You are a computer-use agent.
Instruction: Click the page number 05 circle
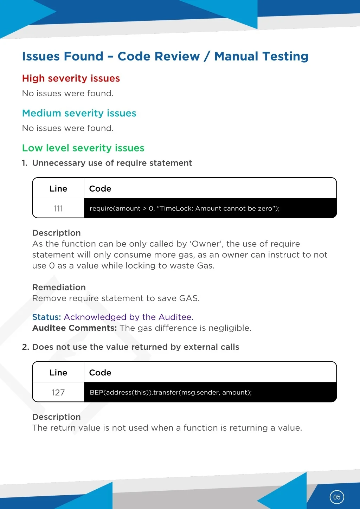337,497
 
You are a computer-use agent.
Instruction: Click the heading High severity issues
71,78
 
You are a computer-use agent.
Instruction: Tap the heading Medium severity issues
79,113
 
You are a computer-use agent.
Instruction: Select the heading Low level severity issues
83,148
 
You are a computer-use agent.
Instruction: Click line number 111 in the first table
58,208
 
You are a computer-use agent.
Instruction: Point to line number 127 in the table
58,392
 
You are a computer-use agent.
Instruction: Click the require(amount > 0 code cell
185,208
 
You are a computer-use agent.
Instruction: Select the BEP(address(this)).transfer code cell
171,392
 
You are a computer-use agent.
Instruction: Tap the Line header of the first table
58,189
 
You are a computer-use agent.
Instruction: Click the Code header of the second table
100,373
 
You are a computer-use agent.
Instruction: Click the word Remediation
59,287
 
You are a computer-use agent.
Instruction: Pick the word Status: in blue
47,317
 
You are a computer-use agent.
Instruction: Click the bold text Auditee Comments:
75,328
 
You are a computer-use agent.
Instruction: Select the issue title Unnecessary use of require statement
112,163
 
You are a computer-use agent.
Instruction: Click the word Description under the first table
56,233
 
